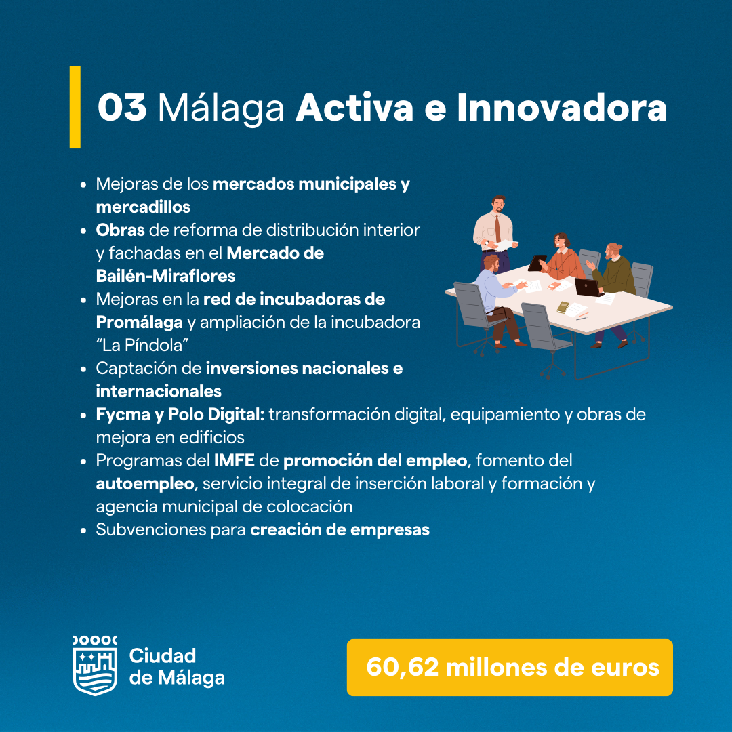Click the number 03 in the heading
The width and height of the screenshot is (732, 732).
122,107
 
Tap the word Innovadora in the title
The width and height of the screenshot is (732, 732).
562,107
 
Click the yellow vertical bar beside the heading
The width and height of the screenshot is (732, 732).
75,107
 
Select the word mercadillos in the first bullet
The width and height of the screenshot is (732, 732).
143,207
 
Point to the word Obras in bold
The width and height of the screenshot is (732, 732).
120,230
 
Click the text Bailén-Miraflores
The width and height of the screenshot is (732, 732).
165,276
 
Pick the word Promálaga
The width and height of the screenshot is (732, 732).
139,323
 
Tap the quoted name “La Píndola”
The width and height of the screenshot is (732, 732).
142,345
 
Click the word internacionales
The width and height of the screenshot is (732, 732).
158,391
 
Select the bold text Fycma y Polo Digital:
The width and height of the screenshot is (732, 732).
180,415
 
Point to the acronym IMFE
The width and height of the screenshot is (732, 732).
234,460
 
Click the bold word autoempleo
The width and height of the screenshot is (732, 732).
145,484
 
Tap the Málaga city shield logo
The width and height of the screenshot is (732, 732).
96,666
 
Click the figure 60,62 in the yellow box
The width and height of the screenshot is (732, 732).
403,667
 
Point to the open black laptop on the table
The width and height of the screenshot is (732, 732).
588,287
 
